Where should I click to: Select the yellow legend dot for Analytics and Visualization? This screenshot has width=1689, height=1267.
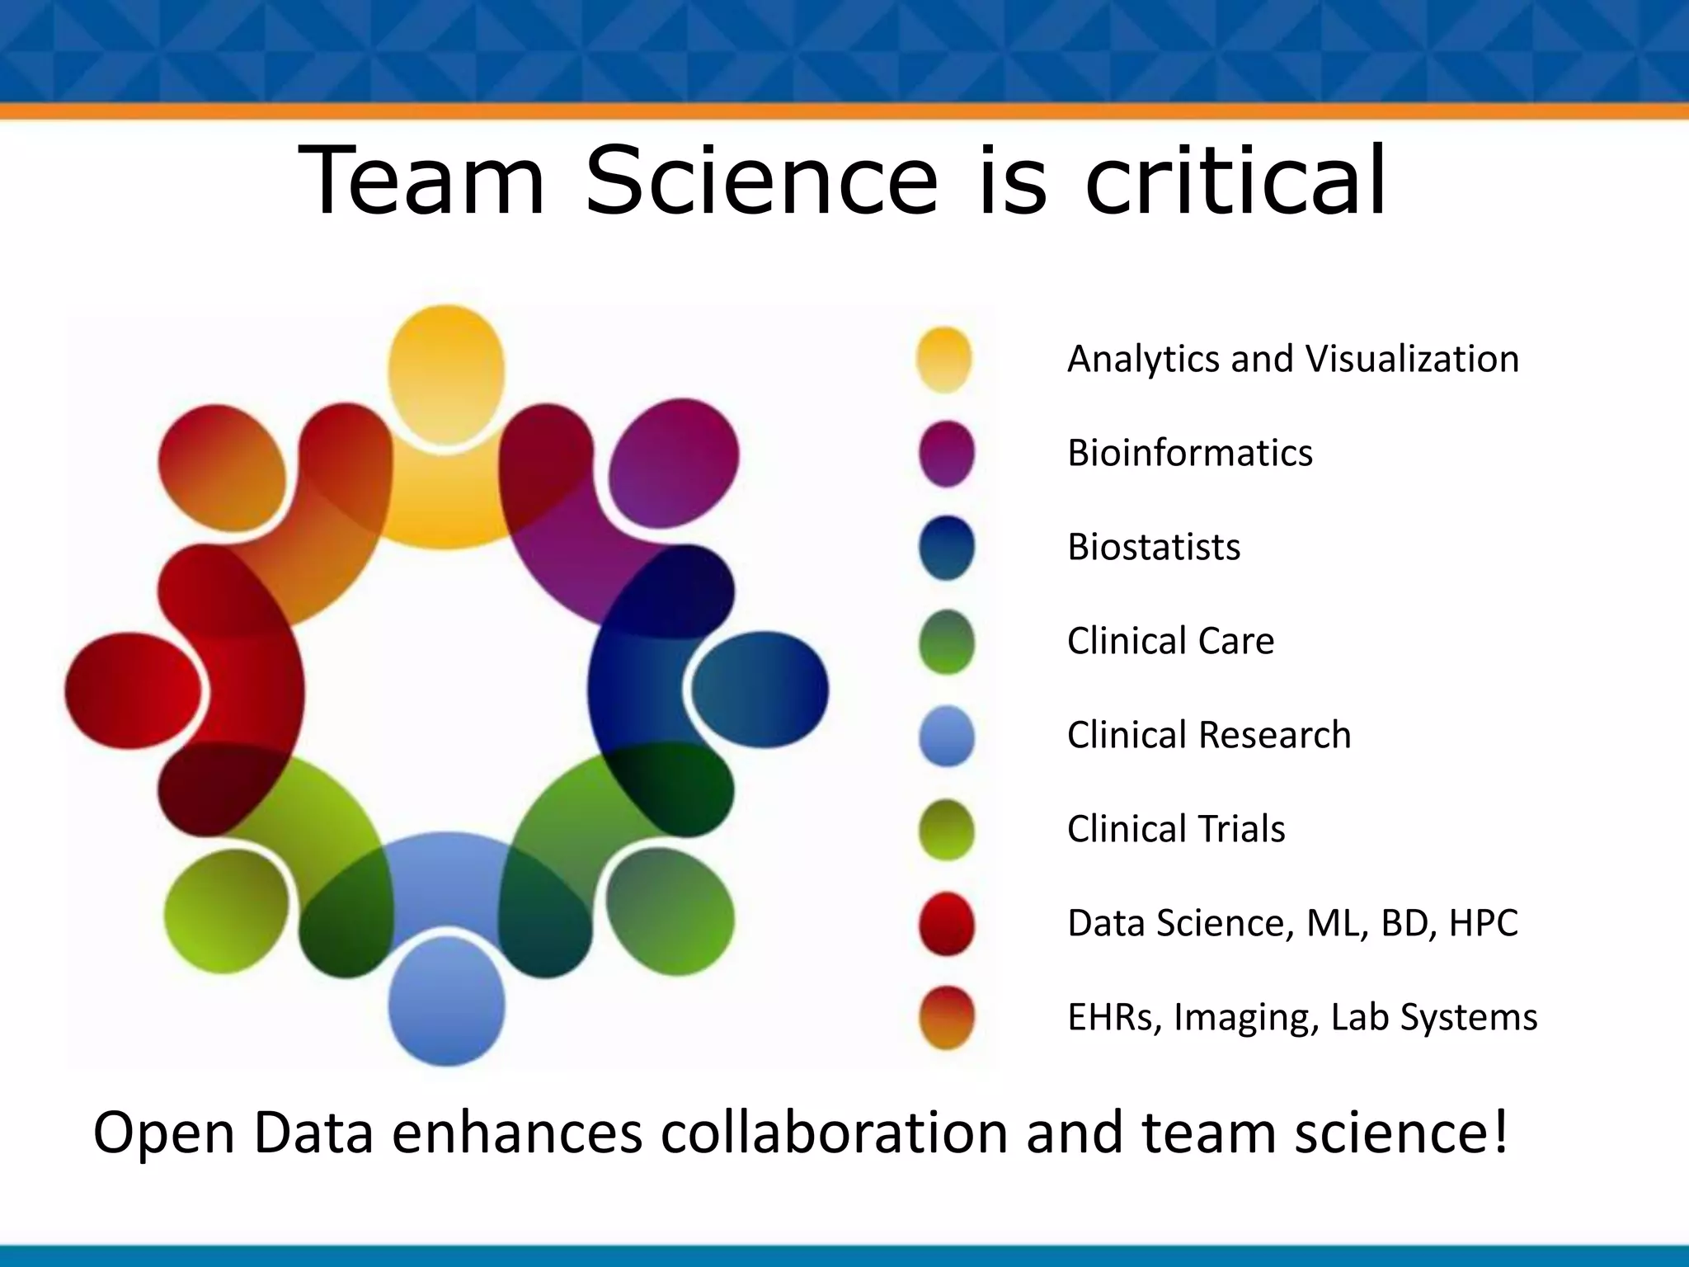944,360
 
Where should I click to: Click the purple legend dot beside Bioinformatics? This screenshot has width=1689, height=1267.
946,453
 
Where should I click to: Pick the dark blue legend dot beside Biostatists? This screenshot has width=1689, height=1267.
946,547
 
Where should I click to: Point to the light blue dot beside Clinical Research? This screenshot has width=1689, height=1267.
946,735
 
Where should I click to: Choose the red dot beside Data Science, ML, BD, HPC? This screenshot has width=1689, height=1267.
946,923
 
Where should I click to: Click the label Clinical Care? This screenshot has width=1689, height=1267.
1170,641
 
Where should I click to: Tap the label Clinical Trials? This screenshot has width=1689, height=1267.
1176,829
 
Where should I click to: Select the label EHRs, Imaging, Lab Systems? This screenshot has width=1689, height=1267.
1301,1017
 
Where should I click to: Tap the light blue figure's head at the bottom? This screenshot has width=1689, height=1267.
446,1002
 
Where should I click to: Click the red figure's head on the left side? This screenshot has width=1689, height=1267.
133,690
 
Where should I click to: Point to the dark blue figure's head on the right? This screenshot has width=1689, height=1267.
760,690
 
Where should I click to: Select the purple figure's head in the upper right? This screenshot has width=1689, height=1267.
674,462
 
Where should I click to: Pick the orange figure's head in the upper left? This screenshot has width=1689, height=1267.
222,468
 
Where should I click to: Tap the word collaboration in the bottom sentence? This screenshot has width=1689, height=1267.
834,1133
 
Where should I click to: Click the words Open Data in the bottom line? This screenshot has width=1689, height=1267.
233,1133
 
